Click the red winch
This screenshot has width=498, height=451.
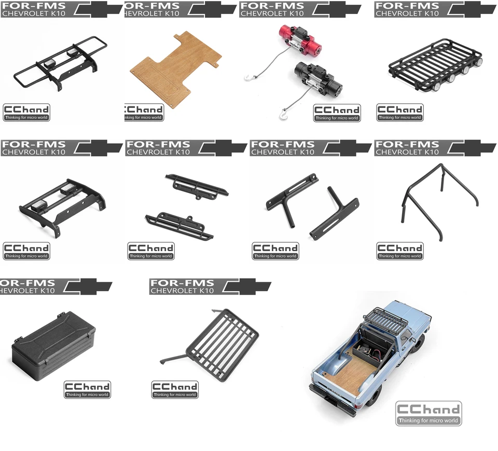pyautogui.click(x=300, y=39)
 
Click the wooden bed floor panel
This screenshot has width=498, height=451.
pyautogui.click(x=176, y=70)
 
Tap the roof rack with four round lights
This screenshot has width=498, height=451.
pyautogui.click(x=435, y=65)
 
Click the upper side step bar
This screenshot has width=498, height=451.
pyautogui.click(x=197, y=187)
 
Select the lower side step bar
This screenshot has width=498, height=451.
pyautogui.click(x=179, y=226)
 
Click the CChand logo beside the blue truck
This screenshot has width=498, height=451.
pyautogui.click(x=428, y=413)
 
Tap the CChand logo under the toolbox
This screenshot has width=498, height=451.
pyautogui.click(x=87, y=389)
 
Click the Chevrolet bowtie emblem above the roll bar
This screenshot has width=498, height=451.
pyautogui.click(x=473, y=148)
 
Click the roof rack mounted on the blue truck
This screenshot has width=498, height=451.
pyautogui.click(x=385, y=319)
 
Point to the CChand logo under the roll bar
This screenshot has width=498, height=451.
pyautogui.click(x=400, y=251)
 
